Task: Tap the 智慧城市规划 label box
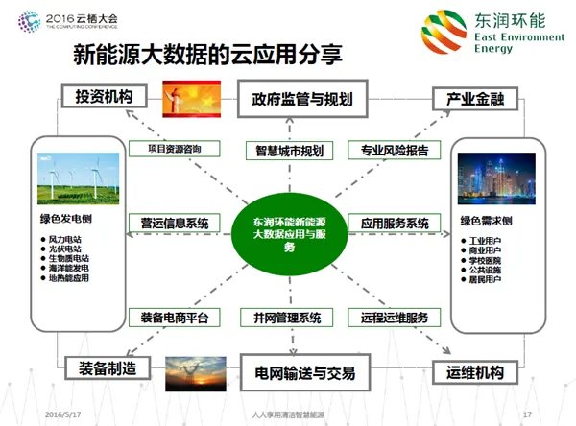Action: [x=289, y=151]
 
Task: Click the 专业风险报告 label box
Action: [x=399, y=151]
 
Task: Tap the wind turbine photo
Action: [x=79, y=178]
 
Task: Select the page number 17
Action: [x=527, y=414]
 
